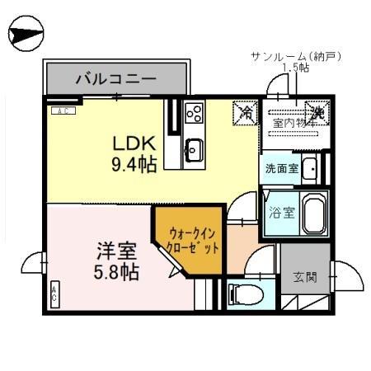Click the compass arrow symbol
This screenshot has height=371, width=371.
coord(24,35)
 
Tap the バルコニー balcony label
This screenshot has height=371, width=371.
coord(116,81)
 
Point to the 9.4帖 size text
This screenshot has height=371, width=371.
coord(134,165)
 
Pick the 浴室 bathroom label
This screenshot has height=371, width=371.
coord(280,213)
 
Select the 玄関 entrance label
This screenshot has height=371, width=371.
coord(305,276)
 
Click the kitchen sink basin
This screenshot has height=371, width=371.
coord(195,149)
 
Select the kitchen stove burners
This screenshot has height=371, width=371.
coord(195,113)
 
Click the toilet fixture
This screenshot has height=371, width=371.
coord(240,294)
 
